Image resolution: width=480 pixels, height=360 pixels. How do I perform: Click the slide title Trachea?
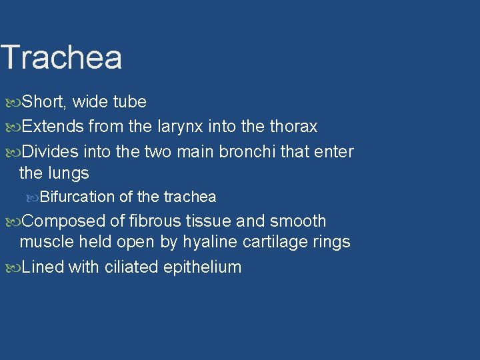coord(61,57)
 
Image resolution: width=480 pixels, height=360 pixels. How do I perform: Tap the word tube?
coord(129,102)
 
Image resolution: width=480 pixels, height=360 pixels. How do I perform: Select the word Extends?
coord(53,127)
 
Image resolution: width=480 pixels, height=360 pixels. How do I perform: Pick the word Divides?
coord(52,151)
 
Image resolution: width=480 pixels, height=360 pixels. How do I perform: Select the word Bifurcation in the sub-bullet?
coord(77,197)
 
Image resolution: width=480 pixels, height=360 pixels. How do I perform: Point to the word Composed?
coord(64,221)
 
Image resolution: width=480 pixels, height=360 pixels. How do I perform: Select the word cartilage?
coord(276,242)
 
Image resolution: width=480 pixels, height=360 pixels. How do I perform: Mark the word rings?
coord(331,242)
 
